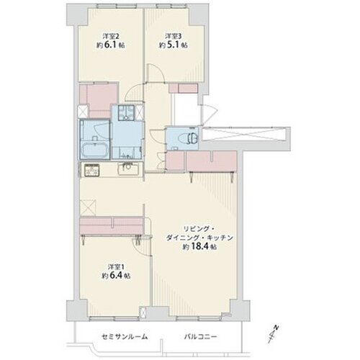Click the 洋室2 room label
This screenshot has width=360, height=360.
(111, 37)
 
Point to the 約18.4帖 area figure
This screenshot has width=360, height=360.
(199, 246)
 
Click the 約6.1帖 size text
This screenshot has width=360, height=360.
(109, 45)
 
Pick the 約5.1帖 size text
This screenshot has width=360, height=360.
(174, 45)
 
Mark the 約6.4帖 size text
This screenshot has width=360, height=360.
(116, 276)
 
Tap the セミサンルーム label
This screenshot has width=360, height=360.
(125, 337)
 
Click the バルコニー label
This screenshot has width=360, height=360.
(200, 337)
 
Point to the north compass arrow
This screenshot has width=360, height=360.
(274, 334)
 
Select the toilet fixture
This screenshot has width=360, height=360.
(188, 138)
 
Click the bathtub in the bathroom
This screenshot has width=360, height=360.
(95, 150)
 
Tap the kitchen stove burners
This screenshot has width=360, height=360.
(91, 170)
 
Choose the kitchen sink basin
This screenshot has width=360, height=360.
(128, 169)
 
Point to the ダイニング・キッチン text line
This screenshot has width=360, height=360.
(199, 238)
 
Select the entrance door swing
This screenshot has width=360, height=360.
(210, 114)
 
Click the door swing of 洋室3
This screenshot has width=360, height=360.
(156, 73)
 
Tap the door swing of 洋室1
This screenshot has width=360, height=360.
(142, 247)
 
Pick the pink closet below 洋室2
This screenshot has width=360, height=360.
(99, 100)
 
